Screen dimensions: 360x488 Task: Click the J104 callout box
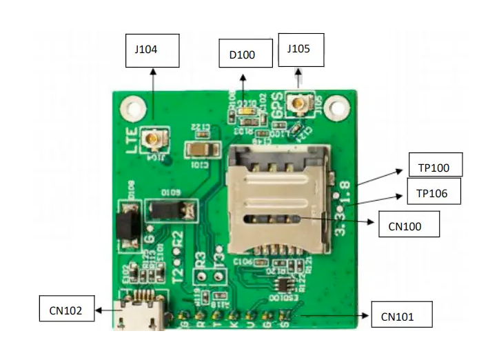pyautogui.click(x=152, y=50)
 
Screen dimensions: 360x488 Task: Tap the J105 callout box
pyautogui.click(x=300, y=50)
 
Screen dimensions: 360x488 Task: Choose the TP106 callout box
pyautogui.click(x=433, y=194)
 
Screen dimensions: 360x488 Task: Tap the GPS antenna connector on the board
pyautogui.click(x=301, y=104)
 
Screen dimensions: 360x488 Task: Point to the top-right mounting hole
pyautogui.click(x=336, y=107)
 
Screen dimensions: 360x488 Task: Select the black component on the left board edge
pyautogui.click(x=125, y=223)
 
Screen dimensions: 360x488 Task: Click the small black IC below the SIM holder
pyautogui.click(x=282, y=285)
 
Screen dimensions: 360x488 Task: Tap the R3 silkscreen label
pyautogui.click(x=201, y=261)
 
